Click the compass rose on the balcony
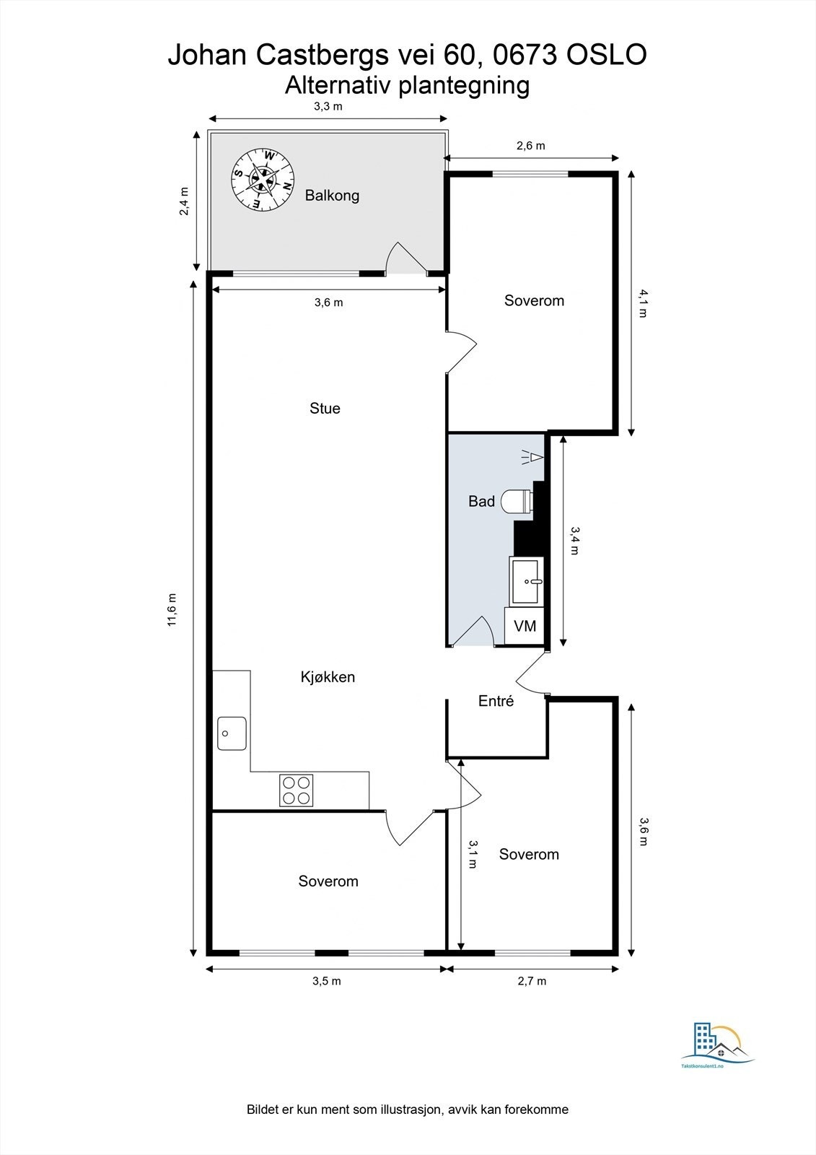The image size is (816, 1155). point(263,180)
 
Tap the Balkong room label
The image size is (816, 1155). point(332,196)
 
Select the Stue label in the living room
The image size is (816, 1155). point(325,409)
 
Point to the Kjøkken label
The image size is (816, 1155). point(328,676)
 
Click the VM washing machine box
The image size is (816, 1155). point(525,626)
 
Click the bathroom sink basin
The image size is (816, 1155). point(526,581)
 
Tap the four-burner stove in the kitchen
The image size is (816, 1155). point(297,790)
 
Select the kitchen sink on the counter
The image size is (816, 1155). point(232,733)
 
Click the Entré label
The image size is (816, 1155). point(496,701)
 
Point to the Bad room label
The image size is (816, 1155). point(481,501)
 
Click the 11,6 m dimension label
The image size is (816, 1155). point(172,610)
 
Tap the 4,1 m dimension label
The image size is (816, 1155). point(643,303)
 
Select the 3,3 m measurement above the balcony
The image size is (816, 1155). point(328,107)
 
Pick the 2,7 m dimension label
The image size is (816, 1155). point(532,981)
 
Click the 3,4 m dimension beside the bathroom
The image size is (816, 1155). point(575,541)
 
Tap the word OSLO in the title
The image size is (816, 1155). point(607,55)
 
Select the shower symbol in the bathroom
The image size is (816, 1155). point(532,457)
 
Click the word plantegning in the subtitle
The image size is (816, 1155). point(465,86)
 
